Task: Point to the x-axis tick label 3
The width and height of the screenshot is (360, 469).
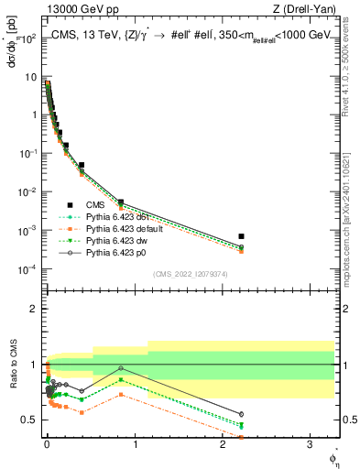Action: (x=308, y=444)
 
